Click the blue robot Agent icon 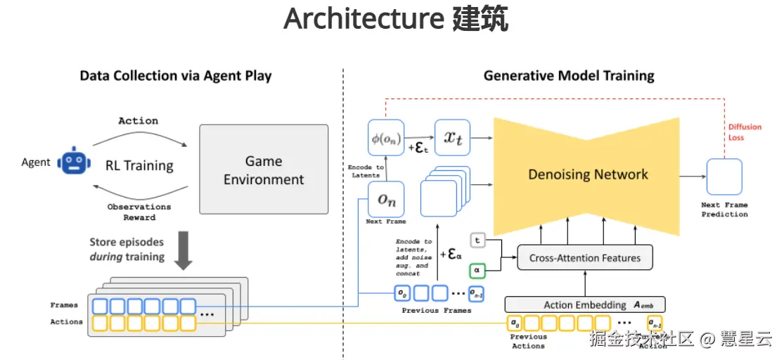click(72, 161)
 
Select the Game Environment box click(264, 169)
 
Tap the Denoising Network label click(588, 174)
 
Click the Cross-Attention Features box click(584, 258)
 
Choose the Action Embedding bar click(584, 305)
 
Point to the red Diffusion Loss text click(745, 132)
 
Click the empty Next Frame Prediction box click(724, 176)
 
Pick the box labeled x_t click(453, 137)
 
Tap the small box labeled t click(477, 240)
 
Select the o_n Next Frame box click(386, 199)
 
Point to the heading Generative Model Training click(568, 75)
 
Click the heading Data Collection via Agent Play click(176, 75)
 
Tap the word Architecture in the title click(361, 20)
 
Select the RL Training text click(139, 166)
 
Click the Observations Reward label click(139, 212)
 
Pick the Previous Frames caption click(436, 310)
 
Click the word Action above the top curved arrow click(139, 121)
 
